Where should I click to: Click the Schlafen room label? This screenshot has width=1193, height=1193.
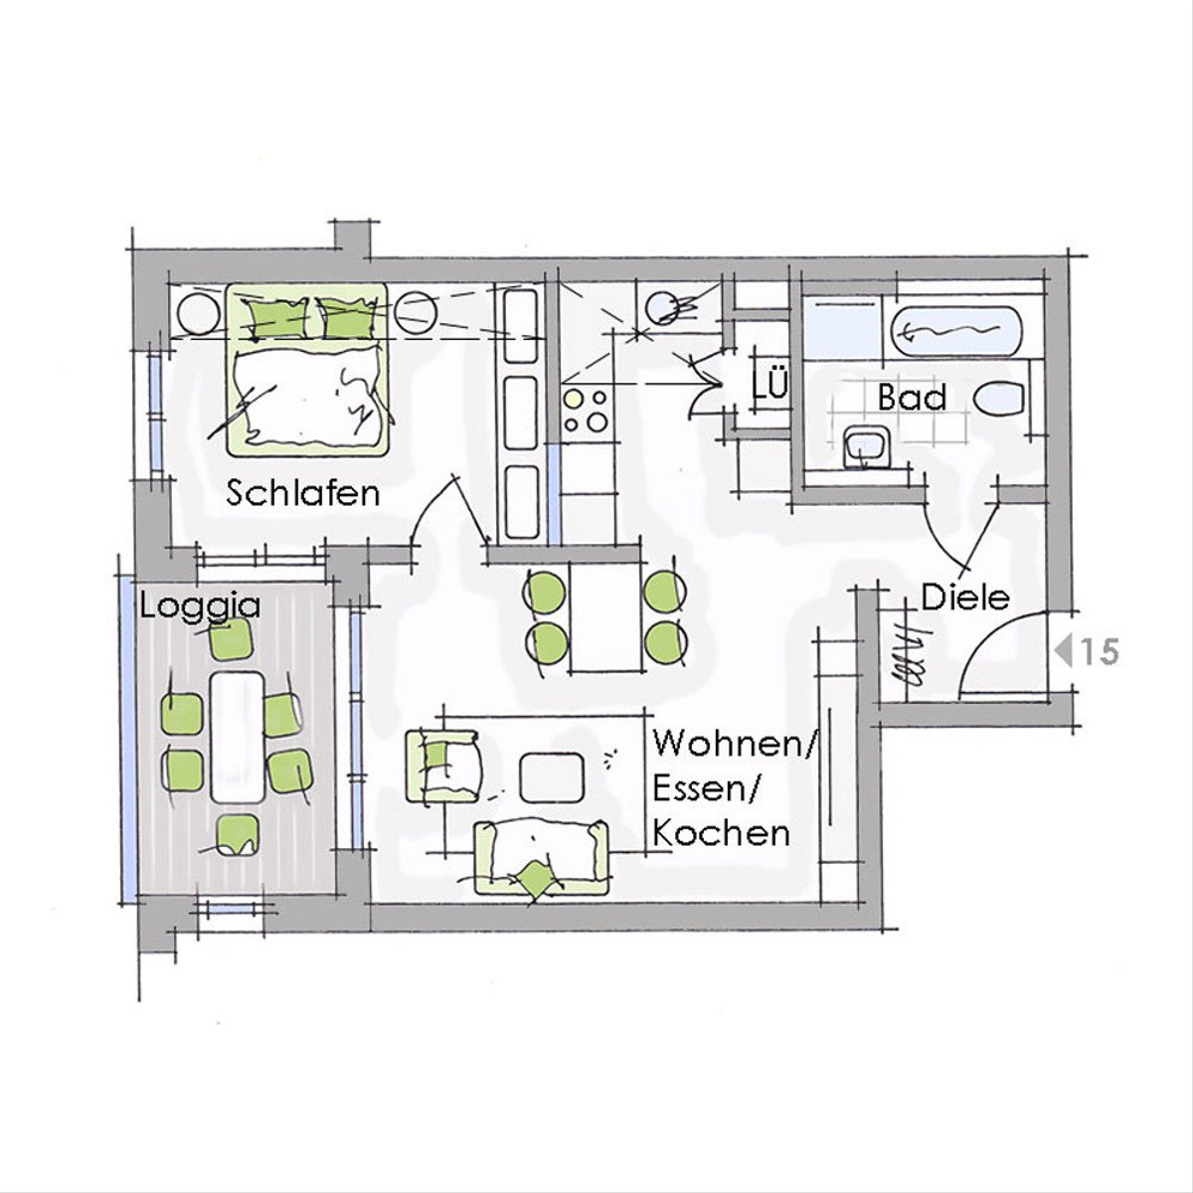[x=303, y=494]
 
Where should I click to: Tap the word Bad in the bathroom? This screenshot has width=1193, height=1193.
[x=913, y=398]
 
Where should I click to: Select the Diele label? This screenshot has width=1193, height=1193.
[x=965, y=598]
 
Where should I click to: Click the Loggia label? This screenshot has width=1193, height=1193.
[x=200, y=607]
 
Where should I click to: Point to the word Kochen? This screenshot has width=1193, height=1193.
[x=722, y=833]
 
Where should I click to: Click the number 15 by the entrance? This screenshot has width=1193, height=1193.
[x=1100, y=652]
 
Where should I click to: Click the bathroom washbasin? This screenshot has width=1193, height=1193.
[x=867, y=447]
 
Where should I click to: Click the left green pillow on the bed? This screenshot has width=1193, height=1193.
[x=276, y=319]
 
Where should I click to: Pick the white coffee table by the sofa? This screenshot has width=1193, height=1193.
[x=552, y=776]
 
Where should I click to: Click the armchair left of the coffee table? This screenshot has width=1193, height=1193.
[x=442, y=766]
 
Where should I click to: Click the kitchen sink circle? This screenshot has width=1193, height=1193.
[x=664, y=307]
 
